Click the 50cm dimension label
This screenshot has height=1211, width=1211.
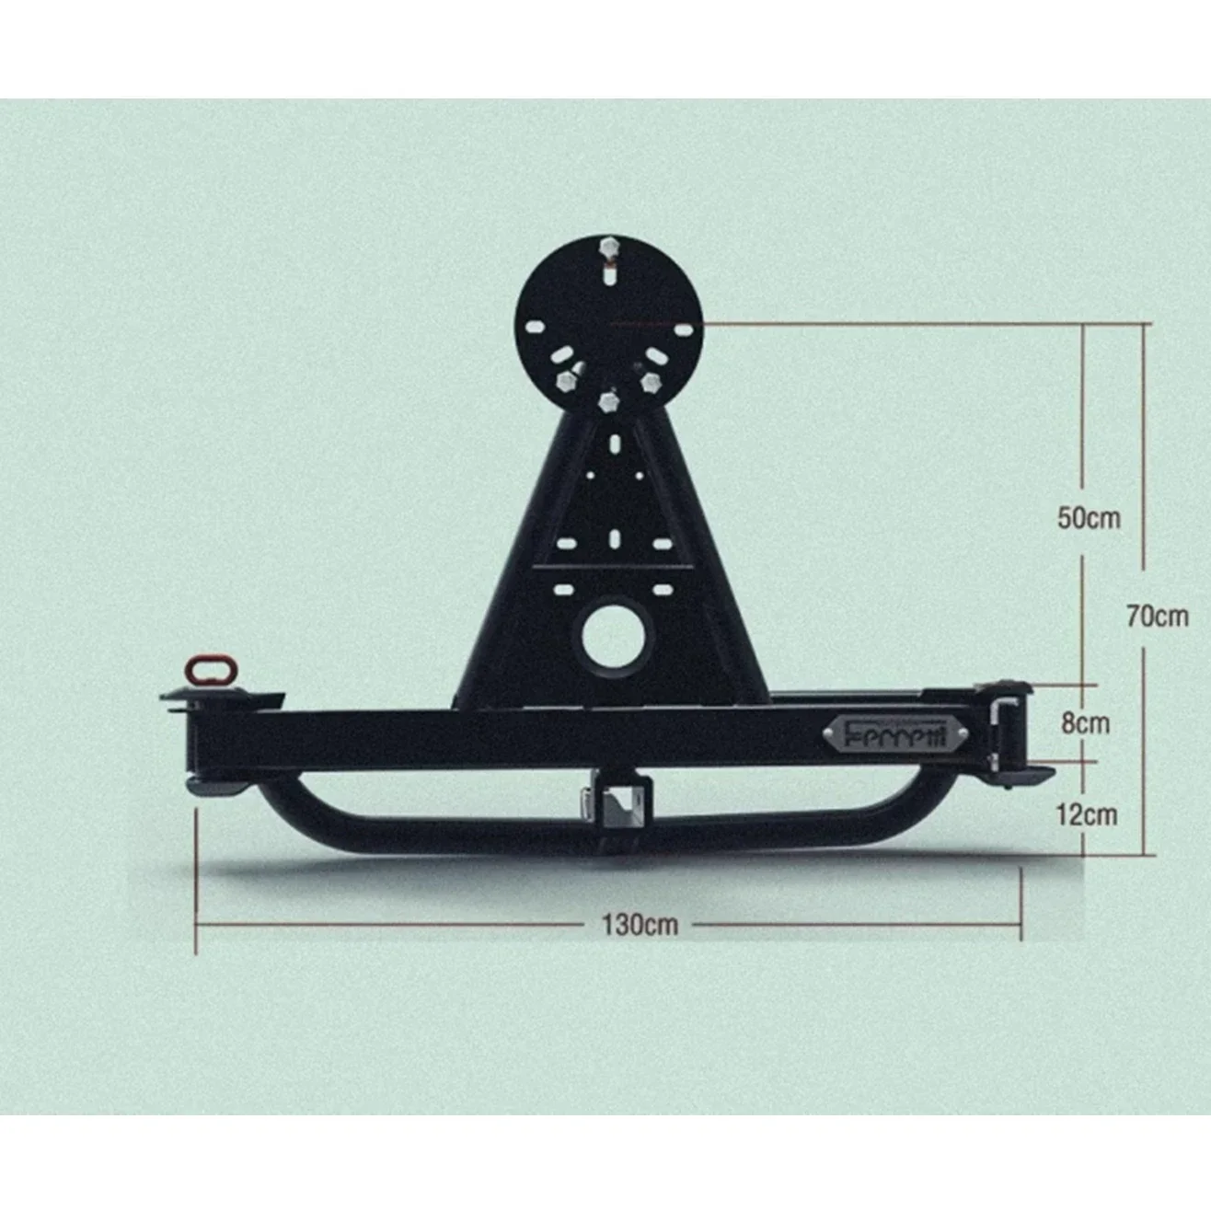pos(1089,517)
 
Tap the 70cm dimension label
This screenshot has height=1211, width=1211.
pos(1157,616)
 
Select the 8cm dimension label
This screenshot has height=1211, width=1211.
pos(1085,722)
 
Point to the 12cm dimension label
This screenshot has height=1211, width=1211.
pos(1086,814)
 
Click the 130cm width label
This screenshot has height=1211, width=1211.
pos(640,923)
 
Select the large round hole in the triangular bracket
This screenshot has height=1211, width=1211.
pos(617,635)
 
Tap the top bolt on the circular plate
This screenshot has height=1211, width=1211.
pos(608,250)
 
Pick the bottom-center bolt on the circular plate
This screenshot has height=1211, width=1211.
pos(607,401)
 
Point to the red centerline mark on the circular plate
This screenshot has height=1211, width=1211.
pos(644,324)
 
